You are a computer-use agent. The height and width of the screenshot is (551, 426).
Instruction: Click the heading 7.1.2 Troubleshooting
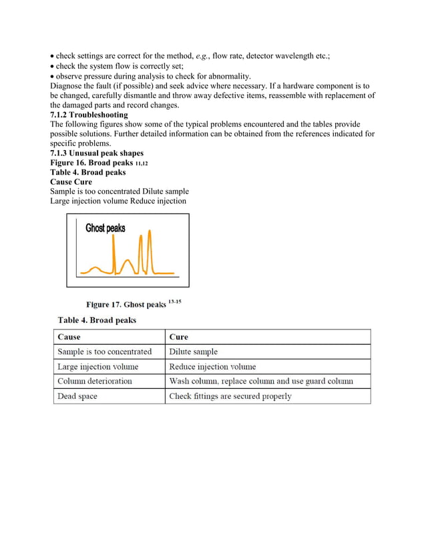click(89, 115)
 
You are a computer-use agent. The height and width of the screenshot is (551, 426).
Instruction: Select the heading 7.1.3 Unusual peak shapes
click(97, 153)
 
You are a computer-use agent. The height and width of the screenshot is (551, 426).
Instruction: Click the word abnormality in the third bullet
click(220, 76)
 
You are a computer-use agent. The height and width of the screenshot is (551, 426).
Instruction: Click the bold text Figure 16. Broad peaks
click(91, 162)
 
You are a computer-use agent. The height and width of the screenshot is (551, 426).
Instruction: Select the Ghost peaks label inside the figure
click(105, 228)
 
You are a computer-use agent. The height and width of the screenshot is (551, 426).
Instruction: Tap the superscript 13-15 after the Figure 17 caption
click(174, 302)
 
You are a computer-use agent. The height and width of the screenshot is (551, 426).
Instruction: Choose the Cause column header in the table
click(69, 337)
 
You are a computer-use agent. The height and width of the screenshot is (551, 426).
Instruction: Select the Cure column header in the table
click(179, 337)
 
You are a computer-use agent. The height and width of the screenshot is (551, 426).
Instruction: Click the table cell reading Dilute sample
click(194, 352)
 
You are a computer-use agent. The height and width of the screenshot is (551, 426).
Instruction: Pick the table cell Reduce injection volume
click(212, 366)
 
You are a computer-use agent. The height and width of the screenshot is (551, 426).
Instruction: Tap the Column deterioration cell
click(95, 381)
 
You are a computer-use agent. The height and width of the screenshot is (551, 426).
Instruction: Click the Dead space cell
click(77, 396)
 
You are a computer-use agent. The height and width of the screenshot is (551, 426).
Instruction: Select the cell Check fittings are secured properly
click(230, 396)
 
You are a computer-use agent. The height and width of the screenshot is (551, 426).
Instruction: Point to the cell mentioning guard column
click(261, 381)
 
